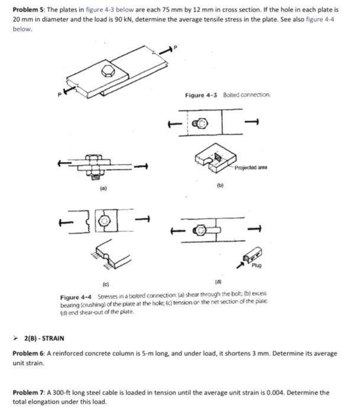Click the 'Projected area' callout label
(x=252, y=167)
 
